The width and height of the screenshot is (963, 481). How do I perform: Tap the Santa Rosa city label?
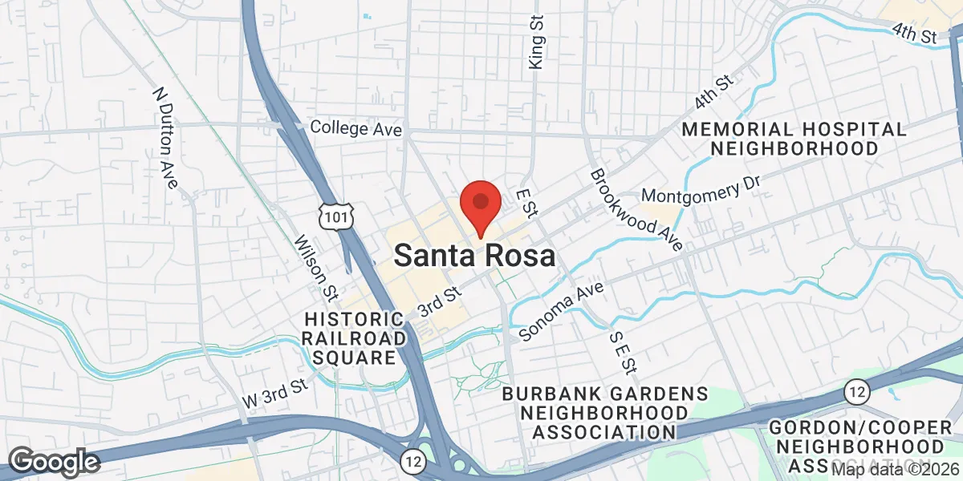[474, 257]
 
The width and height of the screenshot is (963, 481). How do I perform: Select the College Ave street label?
[356, 127]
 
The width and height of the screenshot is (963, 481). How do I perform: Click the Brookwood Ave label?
[636, 210]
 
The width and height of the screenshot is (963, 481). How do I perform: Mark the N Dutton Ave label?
[165, 138]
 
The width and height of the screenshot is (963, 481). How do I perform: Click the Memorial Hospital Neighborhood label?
[793, 139]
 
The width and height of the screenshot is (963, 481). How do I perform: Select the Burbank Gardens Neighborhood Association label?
[604, 413]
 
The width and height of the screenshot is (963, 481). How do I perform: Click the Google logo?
[53, 462]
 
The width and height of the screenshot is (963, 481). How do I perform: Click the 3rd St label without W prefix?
[441, 303]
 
